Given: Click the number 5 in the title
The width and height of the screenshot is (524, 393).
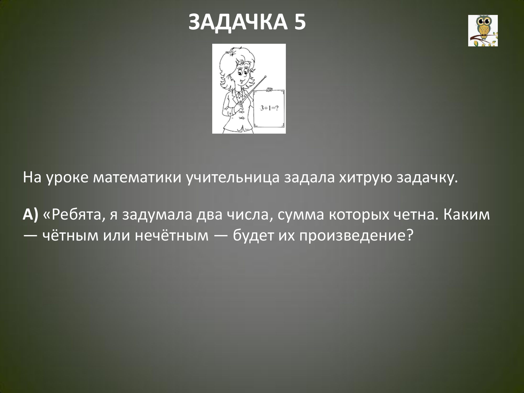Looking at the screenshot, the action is (298, 22).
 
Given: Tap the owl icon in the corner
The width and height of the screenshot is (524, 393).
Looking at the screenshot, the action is (483, 31).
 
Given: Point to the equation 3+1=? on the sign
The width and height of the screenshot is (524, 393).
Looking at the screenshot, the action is (269, 108).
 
